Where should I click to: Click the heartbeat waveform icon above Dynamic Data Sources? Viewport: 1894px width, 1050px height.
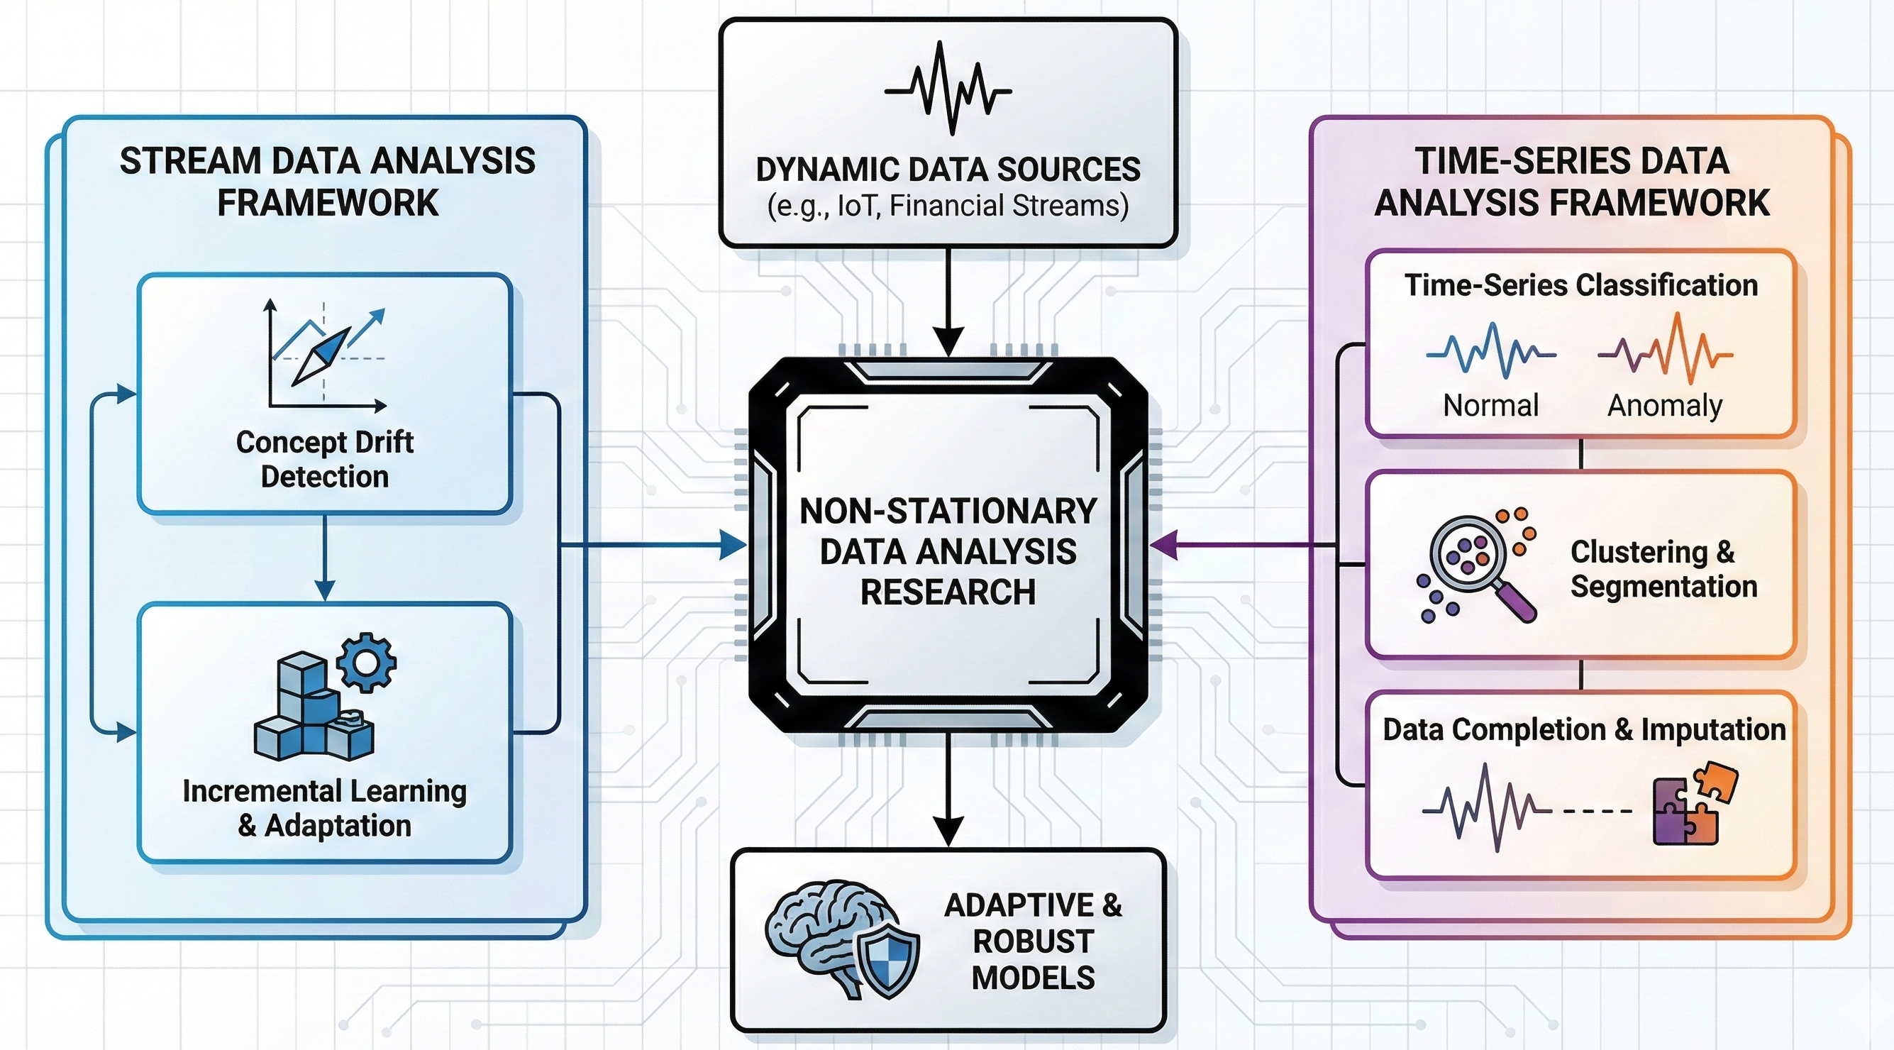948,89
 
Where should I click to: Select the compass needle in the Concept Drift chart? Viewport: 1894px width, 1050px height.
321,357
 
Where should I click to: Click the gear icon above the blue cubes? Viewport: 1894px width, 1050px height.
366,663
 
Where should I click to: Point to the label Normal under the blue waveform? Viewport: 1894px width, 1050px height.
1490,406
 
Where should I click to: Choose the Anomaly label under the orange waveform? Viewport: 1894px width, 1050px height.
1665,406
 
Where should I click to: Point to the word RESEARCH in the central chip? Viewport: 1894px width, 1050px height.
948,592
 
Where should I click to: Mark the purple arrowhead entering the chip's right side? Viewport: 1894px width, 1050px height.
1163,546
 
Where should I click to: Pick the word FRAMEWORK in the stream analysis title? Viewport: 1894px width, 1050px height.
327,203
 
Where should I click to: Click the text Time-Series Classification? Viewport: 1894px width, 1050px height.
1580,285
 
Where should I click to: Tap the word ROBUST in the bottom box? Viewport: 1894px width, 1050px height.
1033,942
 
